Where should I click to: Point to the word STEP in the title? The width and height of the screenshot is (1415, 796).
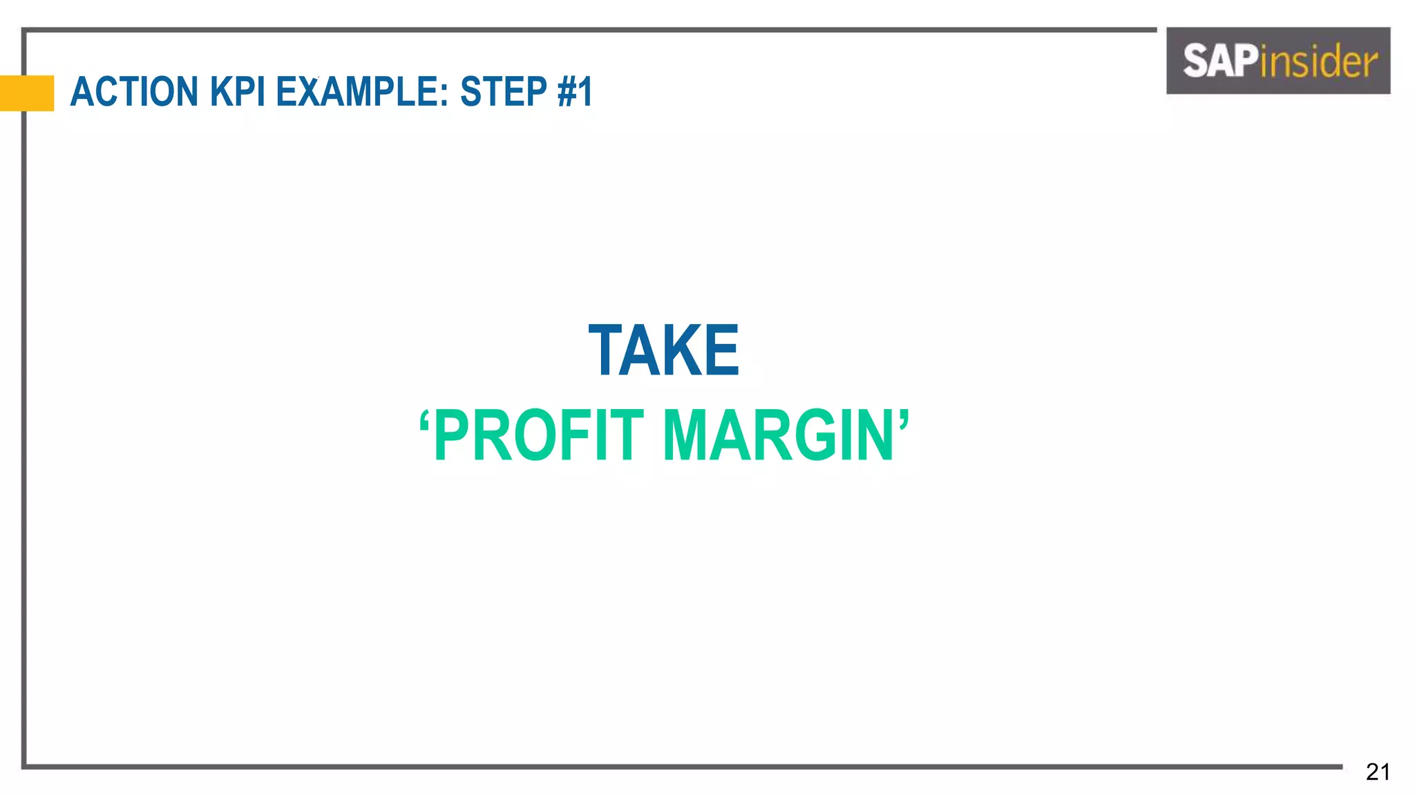tap(504, 92)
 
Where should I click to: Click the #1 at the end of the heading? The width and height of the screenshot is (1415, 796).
tap(574, 92)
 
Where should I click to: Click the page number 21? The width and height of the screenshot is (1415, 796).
tap(1378, 772)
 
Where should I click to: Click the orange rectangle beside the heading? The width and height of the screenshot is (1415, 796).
tap(27, 93)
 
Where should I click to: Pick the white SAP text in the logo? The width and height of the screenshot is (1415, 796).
tap(1220, 61)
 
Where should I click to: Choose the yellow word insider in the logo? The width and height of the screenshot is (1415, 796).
tap(1318, 61)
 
